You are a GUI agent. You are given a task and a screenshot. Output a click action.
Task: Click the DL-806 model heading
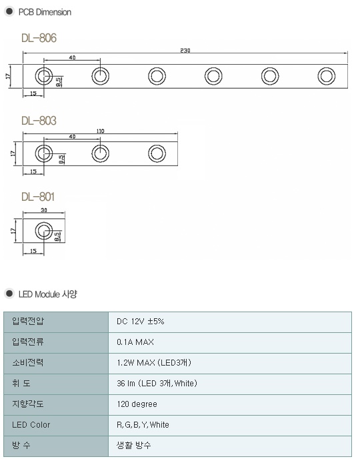(39, 38)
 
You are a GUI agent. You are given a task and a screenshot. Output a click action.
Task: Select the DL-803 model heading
(39, 121)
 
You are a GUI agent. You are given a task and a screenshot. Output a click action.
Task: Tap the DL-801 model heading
(38, 197)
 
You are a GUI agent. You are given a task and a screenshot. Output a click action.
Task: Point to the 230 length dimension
(185, 51)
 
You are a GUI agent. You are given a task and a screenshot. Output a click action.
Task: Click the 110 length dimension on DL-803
(100, 131)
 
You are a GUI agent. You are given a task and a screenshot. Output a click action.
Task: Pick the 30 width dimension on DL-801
(44, 210)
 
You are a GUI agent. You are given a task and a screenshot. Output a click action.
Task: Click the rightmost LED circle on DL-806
(327, 76)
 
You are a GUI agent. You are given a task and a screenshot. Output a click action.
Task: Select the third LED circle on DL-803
(157, 153)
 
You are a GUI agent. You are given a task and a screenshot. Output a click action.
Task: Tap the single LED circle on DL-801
(44, 231)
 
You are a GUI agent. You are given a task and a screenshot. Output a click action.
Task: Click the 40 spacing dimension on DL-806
(72, 57)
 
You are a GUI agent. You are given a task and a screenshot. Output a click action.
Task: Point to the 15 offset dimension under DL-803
(33, 171)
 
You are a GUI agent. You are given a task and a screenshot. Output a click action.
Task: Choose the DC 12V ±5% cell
(141, 322)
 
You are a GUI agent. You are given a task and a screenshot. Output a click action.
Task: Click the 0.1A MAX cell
(135, 342)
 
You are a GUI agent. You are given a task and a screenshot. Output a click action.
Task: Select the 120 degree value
(137, 404)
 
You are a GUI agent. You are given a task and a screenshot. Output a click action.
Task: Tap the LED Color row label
(31, 424)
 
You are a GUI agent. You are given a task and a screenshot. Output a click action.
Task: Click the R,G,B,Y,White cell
(143, 424)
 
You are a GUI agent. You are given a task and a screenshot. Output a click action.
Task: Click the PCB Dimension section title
(45, 12)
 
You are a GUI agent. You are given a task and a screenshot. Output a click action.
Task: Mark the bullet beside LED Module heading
(9, 294)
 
